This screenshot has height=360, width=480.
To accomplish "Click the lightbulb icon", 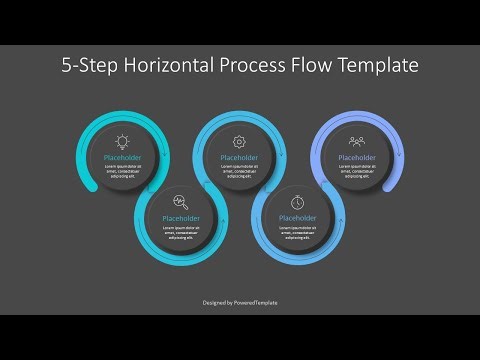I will pos(123,142).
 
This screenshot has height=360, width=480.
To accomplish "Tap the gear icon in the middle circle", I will pos(239,142).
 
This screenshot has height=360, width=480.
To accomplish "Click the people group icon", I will pos(356,142).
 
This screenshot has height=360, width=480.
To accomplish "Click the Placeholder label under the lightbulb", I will pos(123,157).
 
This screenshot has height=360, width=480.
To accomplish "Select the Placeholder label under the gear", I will pos(239,157).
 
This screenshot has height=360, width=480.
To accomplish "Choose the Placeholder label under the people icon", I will pos(356,157).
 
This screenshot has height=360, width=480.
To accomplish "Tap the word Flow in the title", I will pos(318,66).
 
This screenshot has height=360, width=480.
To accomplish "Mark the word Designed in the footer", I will pos(212,302).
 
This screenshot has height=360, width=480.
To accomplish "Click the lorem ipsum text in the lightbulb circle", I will pos(123,172).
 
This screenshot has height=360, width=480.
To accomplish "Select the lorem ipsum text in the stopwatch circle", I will pos(297,232).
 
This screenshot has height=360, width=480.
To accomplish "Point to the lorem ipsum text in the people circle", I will pos(356,172).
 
